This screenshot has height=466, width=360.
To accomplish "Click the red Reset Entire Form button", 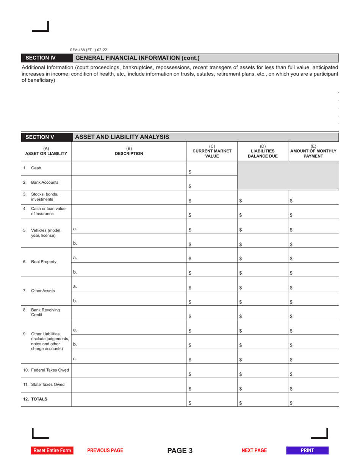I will click(x=52, y=450).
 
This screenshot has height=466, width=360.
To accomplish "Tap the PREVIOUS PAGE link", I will click(x=105, y=450).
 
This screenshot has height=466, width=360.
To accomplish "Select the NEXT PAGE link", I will click(x=254, y=450).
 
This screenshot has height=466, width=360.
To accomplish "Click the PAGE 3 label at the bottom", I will click(x=180, y=450).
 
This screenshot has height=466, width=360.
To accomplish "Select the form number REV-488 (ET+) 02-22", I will click(x=89, y=50).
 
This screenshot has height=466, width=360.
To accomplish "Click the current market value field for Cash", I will click(x=214, y=172).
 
